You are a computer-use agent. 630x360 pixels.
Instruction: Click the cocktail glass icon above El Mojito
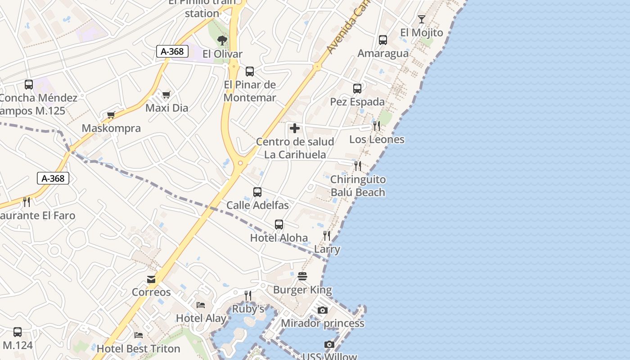(x=421, y=19)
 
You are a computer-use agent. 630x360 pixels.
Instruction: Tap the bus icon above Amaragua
(x=383, y=40)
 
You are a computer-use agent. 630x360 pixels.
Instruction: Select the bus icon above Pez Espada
(x=357, y=89)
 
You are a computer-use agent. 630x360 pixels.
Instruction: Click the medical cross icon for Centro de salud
(x=295, y=129)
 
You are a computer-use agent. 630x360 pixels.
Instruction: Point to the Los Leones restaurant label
(x=377, y=139)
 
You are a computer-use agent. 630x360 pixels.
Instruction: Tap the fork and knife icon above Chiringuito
(x=358, y=166)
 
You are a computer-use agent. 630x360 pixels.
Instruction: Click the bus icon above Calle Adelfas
(x=257, y=192)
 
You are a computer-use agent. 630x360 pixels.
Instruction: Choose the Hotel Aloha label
(x=279, y=238)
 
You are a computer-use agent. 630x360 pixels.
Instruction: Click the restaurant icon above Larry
(x=327, y=236)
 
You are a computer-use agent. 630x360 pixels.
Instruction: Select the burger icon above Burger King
(x=302, y=276)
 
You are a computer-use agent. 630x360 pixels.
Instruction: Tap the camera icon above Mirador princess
(x=323, y=310)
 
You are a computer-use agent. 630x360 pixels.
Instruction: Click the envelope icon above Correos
(x=151, y=279)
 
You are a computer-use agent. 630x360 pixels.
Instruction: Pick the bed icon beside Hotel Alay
(x=201, y=305)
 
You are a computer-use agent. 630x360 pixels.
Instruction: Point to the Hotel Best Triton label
(x=139, y=349)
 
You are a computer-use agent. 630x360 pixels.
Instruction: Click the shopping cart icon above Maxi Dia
(x=166, y=95)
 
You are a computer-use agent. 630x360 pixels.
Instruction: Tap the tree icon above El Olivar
(x=222, y=40)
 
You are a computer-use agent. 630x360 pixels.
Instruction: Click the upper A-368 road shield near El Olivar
(x=172, y=51)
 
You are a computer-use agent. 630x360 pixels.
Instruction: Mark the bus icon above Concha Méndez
(x=29, y=84)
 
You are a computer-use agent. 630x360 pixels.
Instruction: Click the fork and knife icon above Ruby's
(x=248, y=296)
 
